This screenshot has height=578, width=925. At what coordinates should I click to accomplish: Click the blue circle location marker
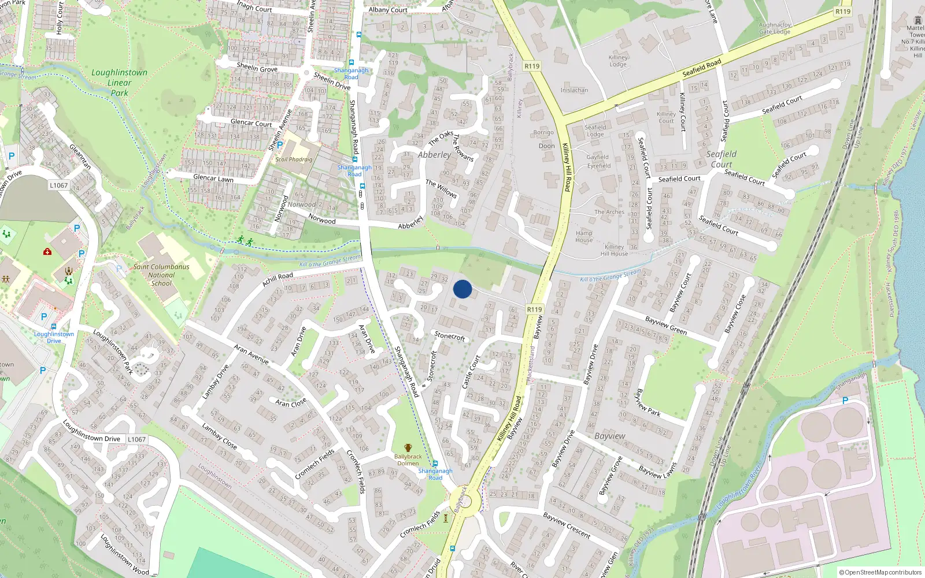pos(462,289)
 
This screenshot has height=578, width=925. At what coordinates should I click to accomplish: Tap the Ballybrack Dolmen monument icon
pos(408,448)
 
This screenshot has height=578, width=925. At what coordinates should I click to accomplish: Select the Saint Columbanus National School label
pos(161,275)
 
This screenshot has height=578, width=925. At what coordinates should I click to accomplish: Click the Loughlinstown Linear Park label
pos(119,82)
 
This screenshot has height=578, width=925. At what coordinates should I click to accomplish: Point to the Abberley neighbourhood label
pos(434,155)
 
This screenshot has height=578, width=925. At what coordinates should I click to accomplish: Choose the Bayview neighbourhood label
pos(609,436)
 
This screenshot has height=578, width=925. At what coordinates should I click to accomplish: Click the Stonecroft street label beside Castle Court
pos(450,336)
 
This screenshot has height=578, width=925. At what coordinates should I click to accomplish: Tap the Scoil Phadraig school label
pos(294,160)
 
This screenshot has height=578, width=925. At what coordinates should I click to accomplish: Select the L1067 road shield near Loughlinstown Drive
pos(136,439)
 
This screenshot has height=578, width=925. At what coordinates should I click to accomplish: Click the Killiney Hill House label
pos(614,250)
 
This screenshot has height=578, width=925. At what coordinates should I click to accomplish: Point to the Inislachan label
pos(574,90)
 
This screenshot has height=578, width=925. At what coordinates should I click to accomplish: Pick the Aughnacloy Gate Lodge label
pos(775,28)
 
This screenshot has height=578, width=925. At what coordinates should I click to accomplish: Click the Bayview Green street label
pos(665,325)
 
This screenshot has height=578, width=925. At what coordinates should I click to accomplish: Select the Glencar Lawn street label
pos(213,179)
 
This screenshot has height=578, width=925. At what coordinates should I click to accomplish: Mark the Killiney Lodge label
pos(618,61)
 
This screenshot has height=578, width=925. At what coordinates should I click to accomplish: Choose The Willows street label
pos(442,189)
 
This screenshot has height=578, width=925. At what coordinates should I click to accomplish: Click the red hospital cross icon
pos(47,251)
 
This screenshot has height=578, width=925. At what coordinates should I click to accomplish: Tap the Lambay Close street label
pos(219,436)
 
